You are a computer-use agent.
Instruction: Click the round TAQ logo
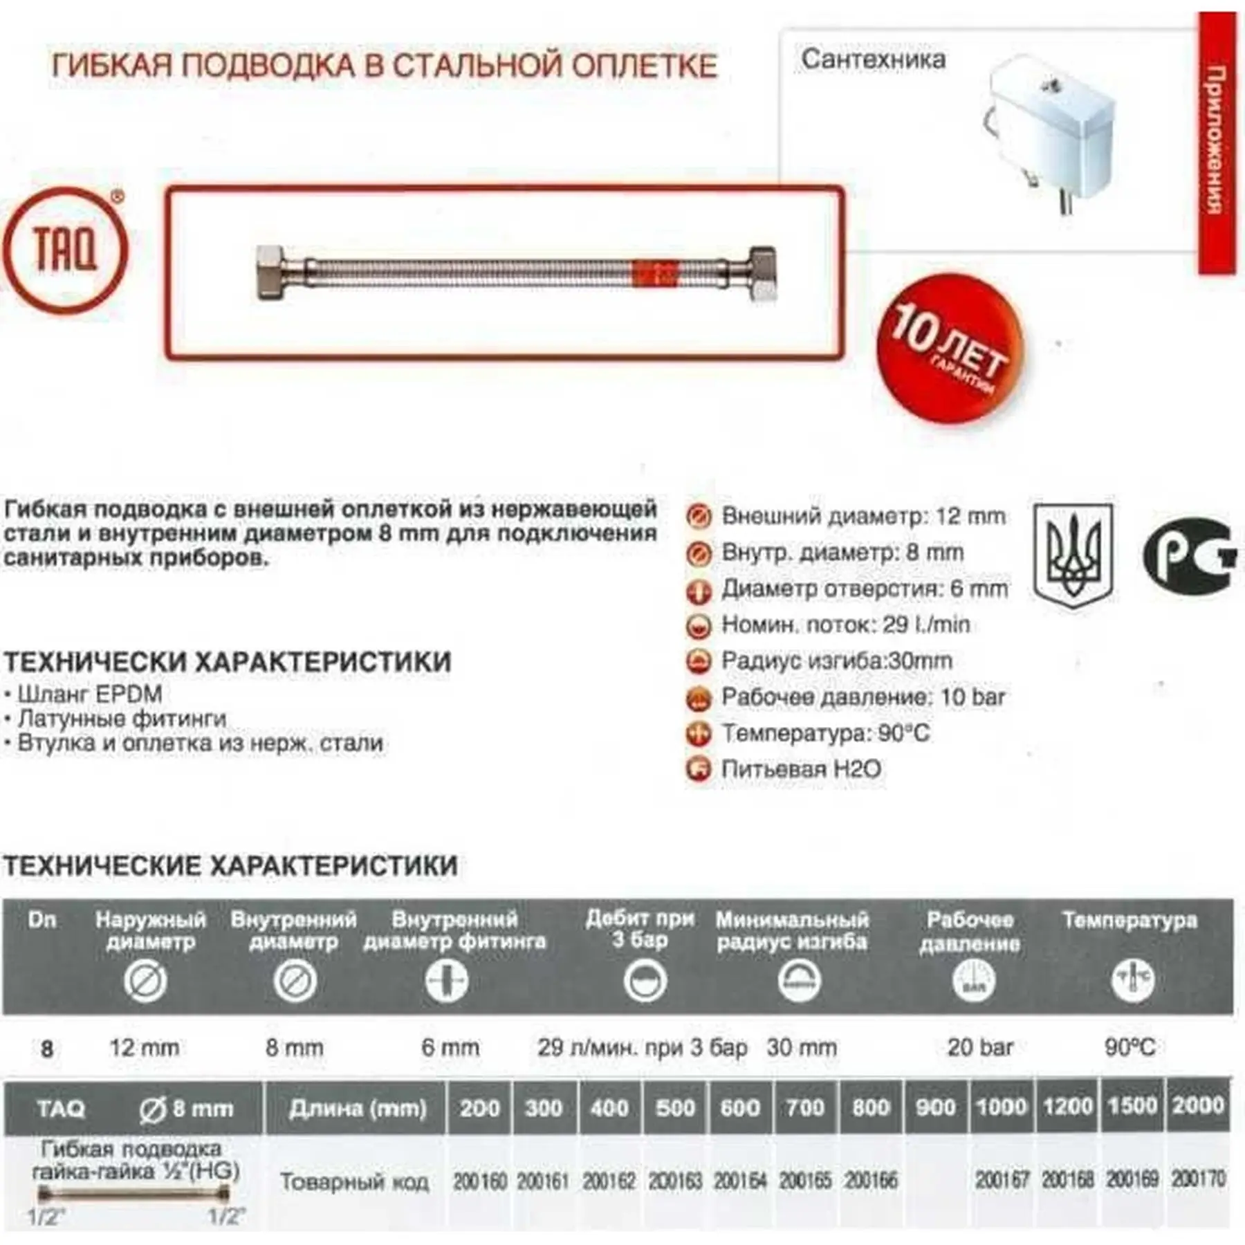pyautogui.click(x=65, y=250)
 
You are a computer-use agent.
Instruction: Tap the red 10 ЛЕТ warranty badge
pyautogui.click(x=949, y=348)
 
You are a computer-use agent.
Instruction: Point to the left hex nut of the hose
pyautogui.click(x=274, y=273)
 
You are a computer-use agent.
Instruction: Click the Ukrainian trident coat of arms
pyautogui.click(x=1073, y=555)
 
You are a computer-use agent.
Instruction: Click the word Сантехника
pyautogui.click(x=873, y=59)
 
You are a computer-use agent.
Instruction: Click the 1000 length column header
pyautogui.click(x=1001, y=1107)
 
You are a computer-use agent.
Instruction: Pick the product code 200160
pyautogui.click(x=480, y=1180)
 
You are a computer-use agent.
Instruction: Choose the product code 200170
pyautogui.click(x=1198, y=1178)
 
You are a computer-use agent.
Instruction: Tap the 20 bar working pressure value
pyautogui.click(x=979, y=1047)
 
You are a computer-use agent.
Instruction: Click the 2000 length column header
pyautogui.click(x=1198, y=1105)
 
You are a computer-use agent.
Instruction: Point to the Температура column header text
pyautogui.click(x=1129, y=921)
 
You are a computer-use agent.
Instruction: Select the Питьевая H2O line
pyautogui.click(x=801, y=769)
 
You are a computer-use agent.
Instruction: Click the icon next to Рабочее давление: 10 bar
pyautogui.click(x=699, y=698)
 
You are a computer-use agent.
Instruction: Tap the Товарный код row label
pyautogui.click(x=354, y=1181)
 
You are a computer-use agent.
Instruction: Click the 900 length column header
pyautogui.click(x=935, y=1107)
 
